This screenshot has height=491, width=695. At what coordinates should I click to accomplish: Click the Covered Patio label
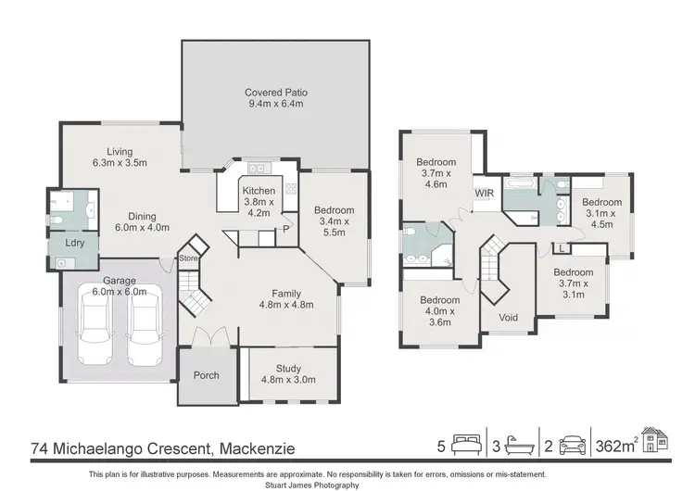click(x=275, y=98)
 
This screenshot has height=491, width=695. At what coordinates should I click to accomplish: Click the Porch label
click(x=205, y=375)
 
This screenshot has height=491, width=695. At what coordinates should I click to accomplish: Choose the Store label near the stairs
click(x=188, y=258)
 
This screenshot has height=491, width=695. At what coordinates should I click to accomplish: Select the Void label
click(x=508, y=318)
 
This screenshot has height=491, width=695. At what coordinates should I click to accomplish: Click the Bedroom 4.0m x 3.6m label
click(x=439, y=311)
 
